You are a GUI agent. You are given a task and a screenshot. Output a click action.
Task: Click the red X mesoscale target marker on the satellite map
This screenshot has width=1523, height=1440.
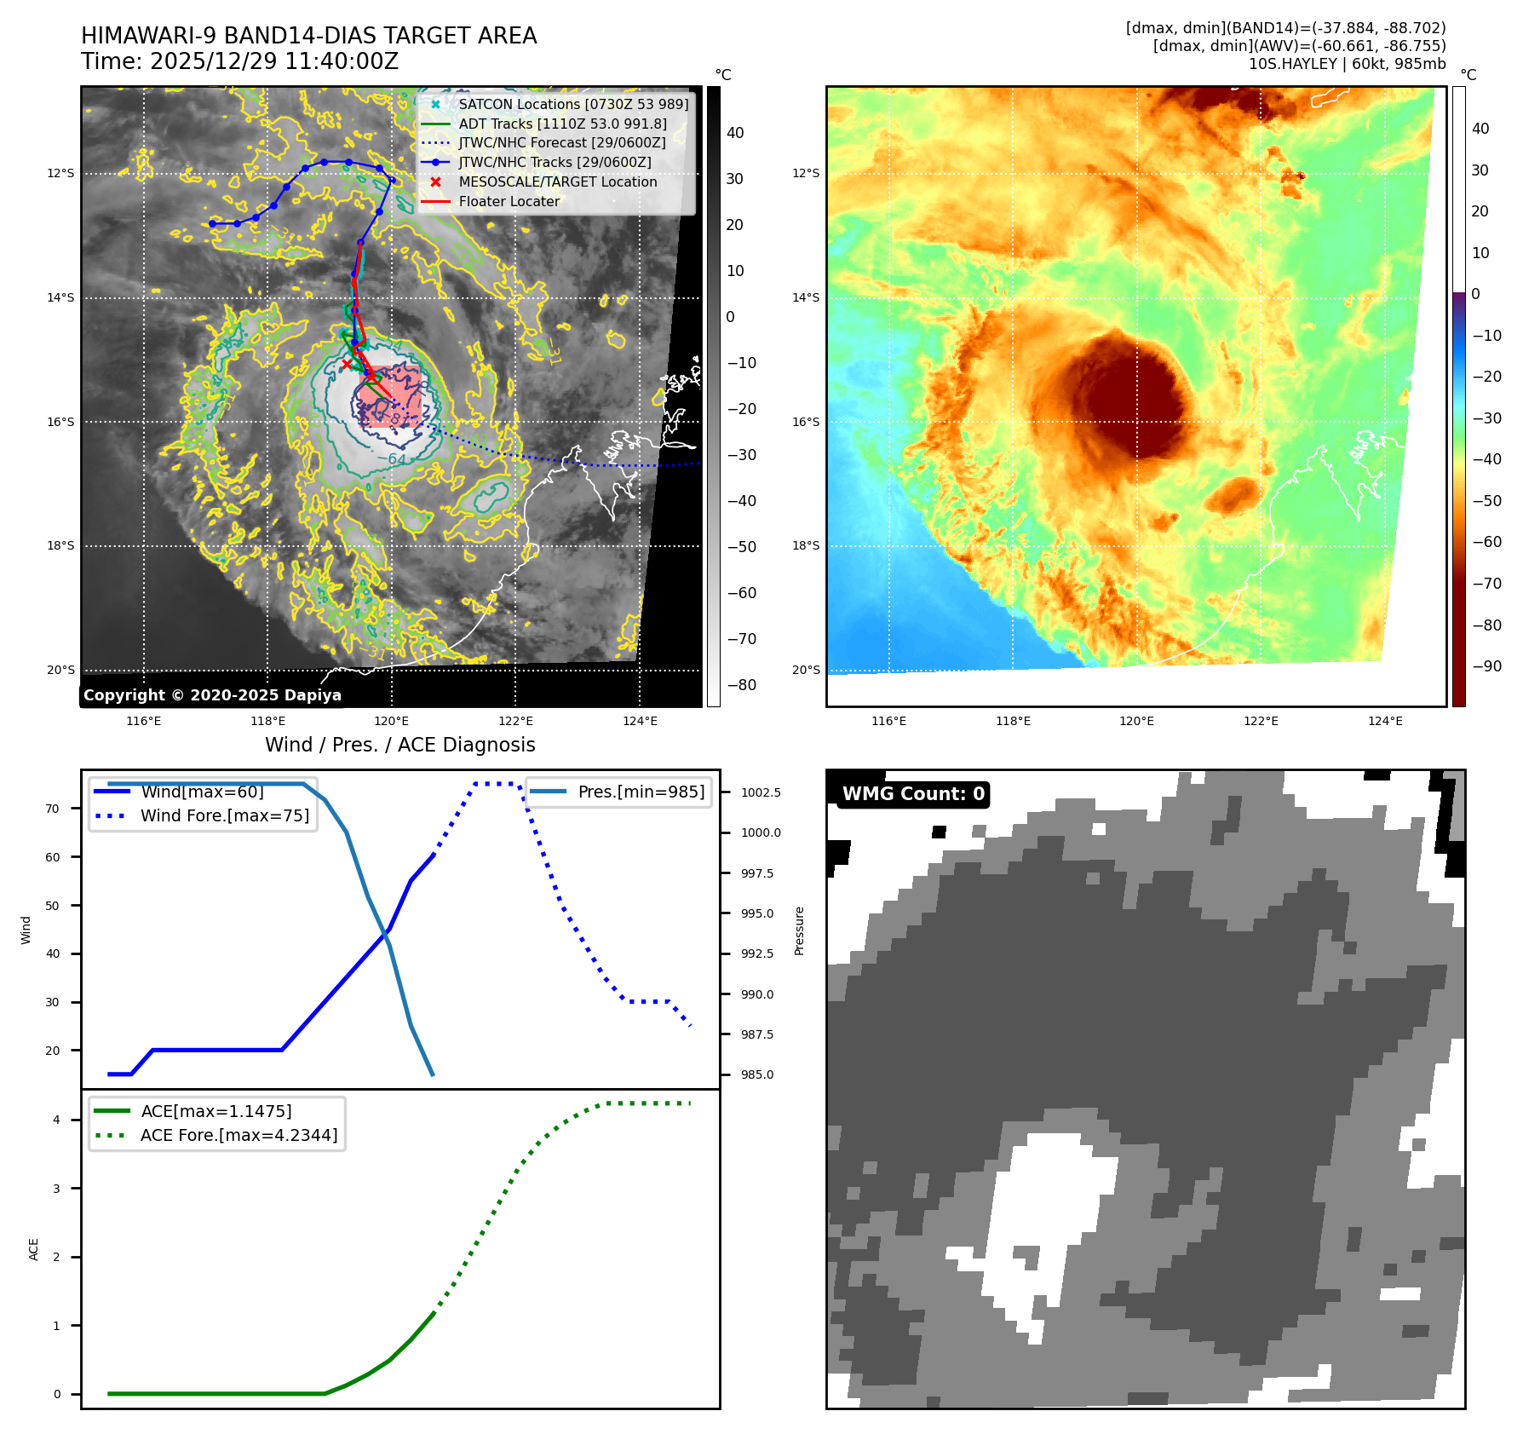[x=347, y=364]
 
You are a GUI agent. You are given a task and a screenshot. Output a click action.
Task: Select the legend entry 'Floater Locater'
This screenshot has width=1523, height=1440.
[x=509, y=202]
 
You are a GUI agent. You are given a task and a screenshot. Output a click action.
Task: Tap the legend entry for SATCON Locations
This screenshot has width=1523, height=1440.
[x=572, y=104]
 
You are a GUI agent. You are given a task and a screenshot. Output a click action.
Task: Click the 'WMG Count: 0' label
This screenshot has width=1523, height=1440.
[x=913, y=794]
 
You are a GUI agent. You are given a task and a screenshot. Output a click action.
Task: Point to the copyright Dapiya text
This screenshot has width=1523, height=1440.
[x=212, y=695]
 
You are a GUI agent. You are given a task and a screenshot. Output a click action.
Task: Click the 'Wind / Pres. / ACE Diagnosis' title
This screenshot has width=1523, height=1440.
[x=399, y=745]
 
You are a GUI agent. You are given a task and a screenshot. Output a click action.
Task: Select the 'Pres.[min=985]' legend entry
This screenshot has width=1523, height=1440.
[x=641, y=792]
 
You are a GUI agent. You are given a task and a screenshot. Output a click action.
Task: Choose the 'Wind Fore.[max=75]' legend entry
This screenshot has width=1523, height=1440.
[x=225, y=815]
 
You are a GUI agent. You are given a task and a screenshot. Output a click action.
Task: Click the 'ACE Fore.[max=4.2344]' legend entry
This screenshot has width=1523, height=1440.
[x=239, y=1135]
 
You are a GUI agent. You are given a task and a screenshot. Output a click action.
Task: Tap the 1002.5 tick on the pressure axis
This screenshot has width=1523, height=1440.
[x=761, y=792]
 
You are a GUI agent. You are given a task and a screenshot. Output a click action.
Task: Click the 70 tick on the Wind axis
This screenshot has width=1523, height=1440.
[x=53, y=809]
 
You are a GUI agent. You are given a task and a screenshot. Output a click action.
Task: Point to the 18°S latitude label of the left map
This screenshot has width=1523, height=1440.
[x=60, y=546]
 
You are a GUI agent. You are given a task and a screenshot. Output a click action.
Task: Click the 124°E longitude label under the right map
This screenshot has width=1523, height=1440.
[x=1385, y=721]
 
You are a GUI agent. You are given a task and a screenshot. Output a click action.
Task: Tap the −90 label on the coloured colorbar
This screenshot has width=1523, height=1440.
[x=1486, y=666]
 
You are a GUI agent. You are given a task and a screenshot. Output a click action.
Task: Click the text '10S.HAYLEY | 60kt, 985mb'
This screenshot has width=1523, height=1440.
[x=1347, y=64]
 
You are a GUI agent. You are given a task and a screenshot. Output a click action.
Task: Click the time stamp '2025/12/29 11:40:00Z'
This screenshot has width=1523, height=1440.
[x=273, y=62]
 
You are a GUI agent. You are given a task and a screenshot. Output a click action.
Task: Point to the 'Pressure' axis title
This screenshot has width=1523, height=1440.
[x=799, y=930]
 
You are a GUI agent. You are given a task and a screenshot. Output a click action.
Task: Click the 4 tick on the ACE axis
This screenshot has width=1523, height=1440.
[x=57, y=1120]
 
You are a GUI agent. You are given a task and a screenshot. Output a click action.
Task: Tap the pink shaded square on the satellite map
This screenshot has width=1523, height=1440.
[x=390, y=396]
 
